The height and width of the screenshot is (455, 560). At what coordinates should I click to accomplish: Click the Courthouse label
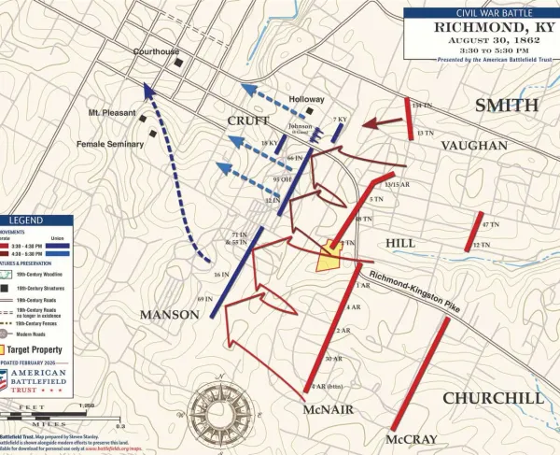[x=156, y=52]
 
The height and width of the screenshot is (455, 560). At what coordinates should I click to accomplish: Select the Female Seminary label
[x=110, y=144]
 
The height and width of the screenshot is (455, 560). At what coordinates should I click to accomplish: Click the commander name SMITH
[x=507, y=105]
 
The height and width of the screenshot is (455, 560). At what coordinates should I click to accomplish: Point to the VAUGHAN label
[x=474, y=146]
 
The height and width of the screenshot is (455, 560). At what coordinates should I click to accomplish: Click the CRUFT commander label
[x=247, y=121]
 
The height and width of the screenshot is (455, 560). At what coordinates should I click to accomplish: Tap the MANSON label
[x=170, y=315]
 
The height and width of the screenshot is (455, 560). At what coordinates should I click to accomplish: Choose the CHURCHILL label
[x=492, y=398]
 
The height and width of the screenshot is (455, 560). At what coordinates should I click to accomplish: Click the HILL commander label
[x=400, y=242]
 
